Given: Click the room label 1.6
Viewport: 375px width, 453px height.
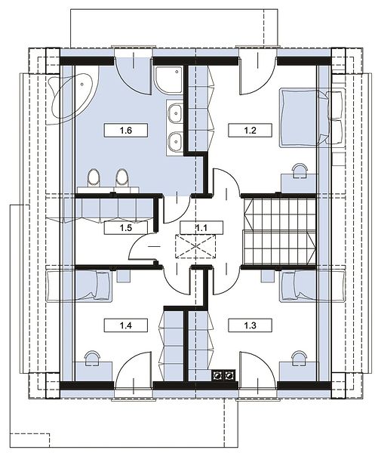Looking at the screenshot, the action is point(126,131).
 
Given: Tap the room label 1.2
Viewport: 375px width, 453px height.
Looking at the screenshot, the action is point(250,131).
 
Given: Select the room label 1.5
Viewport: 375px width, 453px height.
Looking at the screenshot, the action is point(126,228).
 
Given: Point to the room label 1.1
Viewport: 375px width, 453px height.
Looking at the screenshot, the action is point(201,228).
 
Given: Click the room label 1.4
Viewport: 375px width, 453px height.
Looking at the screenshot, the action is point(126,325).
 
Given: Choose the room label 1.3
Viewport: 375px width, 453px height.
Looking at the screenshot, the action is point(250,325).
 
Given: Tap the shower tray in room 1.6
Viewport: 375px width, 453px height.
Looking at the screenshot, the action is point(168,81).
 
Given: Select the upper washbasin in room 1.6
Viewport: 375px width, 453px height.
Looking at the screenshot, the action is point(175,113).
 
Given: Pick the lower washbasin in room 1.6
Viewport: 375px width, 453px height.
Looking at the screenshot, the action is point(175,141).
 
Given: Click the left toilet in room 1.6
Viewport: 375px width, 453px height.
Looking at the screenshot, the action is point(94,177).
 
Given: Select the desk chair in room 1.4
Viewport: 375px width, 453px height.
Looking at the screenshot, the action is point(92,357).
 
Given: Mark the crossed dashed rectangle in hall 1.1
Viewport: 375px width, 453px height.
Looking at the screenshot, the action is point(195,246).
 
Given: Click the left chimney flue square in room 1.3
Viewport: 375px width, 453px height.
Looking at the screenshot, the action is point(217,375).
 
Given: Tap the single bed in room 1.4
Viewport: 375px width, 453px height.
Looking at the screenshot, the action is point(78,285).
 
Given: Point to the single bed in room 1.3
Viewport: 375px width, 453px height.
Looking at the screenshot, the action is point(312,285).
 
